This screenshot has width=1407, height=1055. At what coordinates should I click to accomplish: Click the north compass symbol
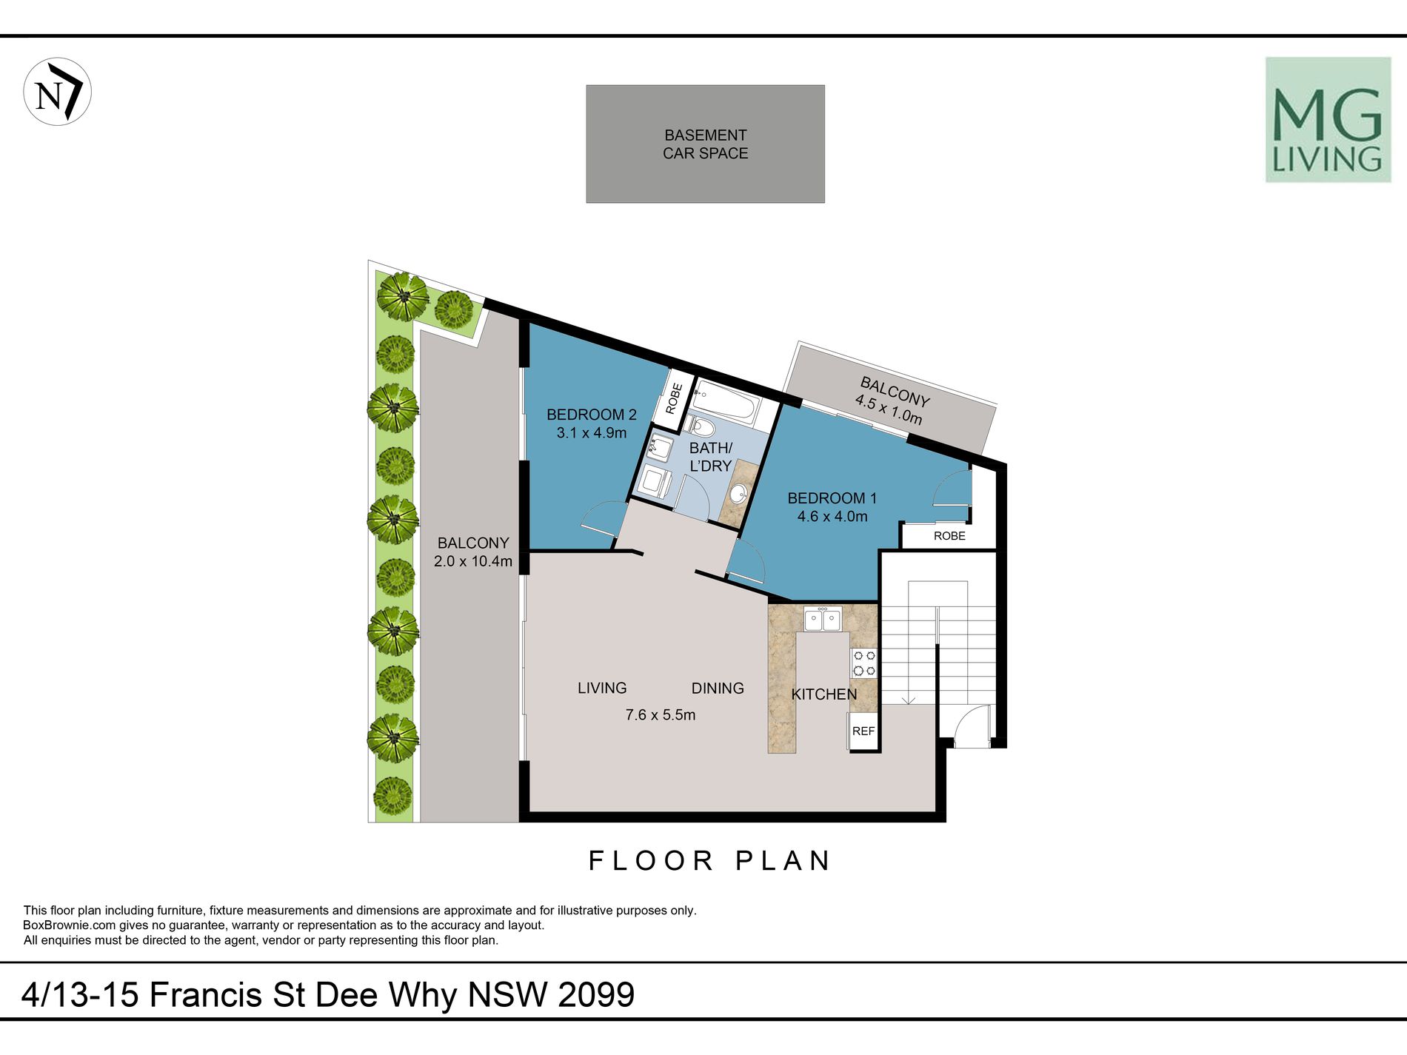point(58,92)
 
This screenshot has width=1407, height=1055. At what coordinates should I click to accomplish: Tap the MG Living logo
point(1328,120)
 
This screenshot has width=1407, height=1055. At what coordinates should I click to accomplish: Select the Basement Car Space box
point(705,144)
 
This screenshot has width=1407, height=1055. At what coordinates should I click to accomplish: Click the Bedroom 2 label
point(592,415)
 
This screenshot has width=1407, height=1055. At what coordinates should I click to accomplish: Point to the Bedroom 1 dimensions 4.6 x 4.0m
point(832,517)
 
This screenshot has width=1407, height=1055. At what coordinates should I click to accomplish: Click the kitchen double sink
point(823,619)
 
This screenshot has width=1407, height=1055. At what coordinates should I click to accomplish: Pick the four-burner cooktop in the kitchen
point(864,663)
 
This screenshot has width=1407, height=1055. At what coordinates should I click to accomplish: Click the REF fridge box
point(863,731)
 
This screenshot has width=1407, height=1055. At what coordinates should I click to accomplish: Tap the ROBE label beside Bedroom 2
point(674,398)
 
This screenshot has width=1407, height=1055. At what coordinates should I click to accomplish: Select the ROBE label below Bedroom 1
point(949,536)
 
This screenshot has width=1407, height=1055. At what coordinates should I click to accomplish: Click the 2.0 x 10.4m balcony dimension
point(473,561)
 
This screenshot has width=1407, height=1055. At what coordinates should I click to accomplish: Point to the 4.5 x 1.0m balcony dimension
point(889,409)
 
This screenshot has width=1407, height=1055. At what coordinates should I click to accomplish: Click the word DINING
point(718,689)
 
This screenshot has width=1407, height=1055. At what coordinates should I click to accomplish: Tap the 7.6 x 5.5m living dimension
point(661,715)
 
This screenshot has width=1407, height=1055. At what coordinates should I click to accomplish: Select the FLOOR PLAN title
point(710,861)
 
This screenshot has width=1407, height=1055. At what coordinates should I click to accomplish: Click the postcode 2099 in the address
point(596,994)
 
